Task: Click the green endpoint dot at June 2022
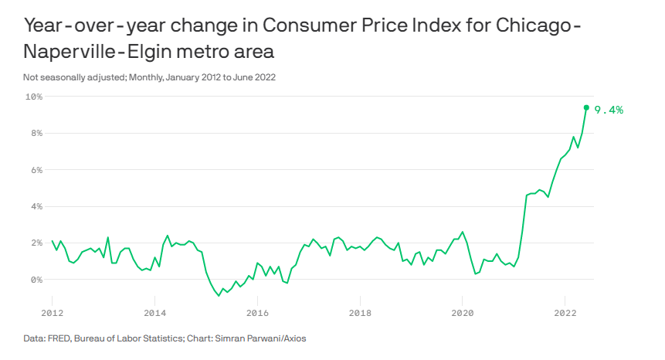[x=586, y=107]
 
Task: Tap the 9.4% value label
[x=609, y=110]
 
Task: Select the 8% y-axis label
[x=35, y=133]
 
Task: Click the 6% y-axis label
[x=35, y=170]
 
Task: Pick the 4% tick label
[x=35, y=206]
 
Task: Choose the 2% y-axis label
[x=35, y=243]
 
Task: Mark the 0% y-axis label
[x=35, y=280]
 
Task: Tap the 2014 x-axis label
[x=154, y=314]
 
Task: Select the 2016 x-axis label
[x=257, y=314]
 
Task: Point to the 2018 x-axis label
[x=360, y=314]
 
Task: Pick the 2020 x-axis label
[x=462, y=314]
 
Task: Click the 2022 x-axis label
[x=565, y=314]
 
